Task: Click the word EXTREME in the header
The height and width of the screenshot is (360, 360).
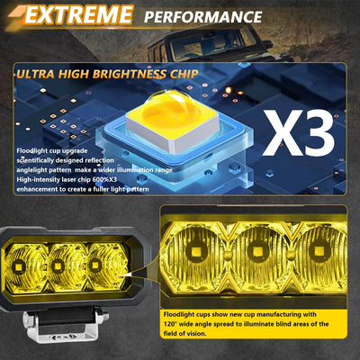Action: [77, 15]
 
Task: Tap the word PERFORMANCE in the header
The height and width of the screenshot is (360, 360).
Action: [203, 16]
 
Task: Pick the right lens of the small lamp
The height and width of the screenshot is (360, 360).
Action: [96, 266]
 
